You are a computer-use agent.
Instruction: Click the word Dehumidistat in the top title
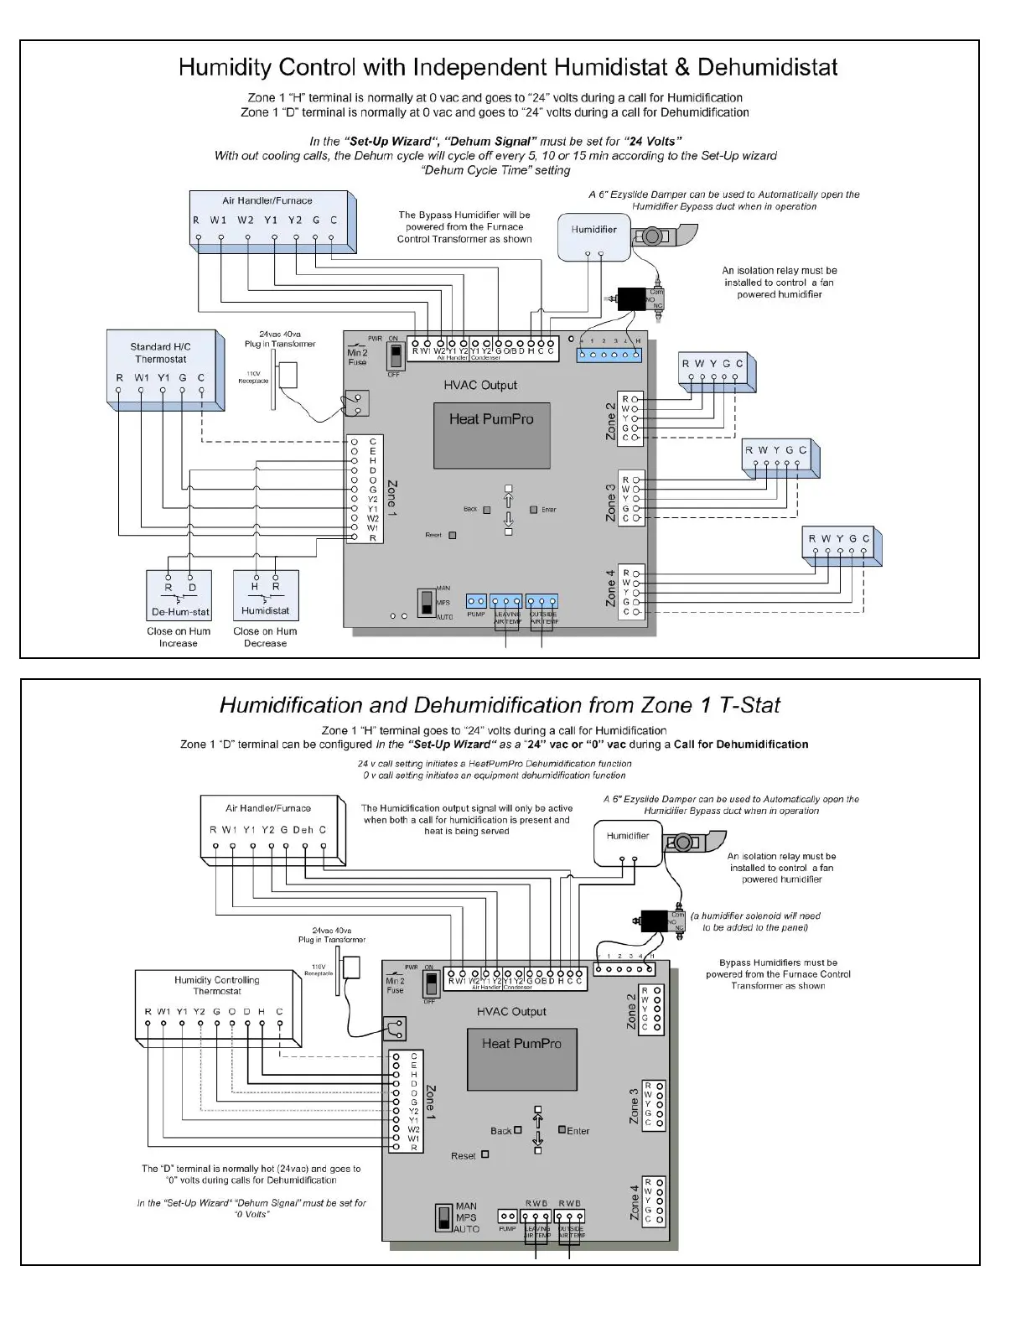767,67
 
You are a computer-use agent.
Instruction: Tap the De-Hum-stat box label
180,612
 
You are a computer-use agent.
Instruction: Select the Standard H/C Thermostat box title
160,353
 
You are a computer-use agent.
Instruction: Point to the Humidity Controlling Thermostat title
216,985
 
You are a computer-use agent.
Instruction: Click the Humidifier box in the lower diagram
628,845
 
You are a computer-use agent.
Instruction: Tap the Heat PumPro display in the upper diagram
491,435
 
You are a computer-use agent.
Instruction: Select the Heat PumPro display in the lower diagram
521,1059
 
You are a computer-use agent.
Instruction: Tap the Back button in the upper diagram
486,510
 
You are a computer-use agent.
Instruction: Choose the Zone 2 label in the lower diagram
631,1012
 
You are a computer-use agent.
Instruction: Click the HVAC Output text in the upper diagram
480,385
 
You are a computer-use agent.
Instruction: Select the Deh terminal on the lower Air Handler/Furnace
303,830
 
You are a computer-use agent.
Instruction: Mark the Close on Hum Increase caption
179,637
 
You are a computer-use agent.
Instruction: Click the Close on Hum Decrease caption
265,637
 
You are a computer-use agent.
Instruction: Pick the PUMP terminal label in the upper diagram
476,615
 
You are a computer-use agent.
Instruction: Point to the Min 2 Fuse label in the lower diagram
395,985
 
